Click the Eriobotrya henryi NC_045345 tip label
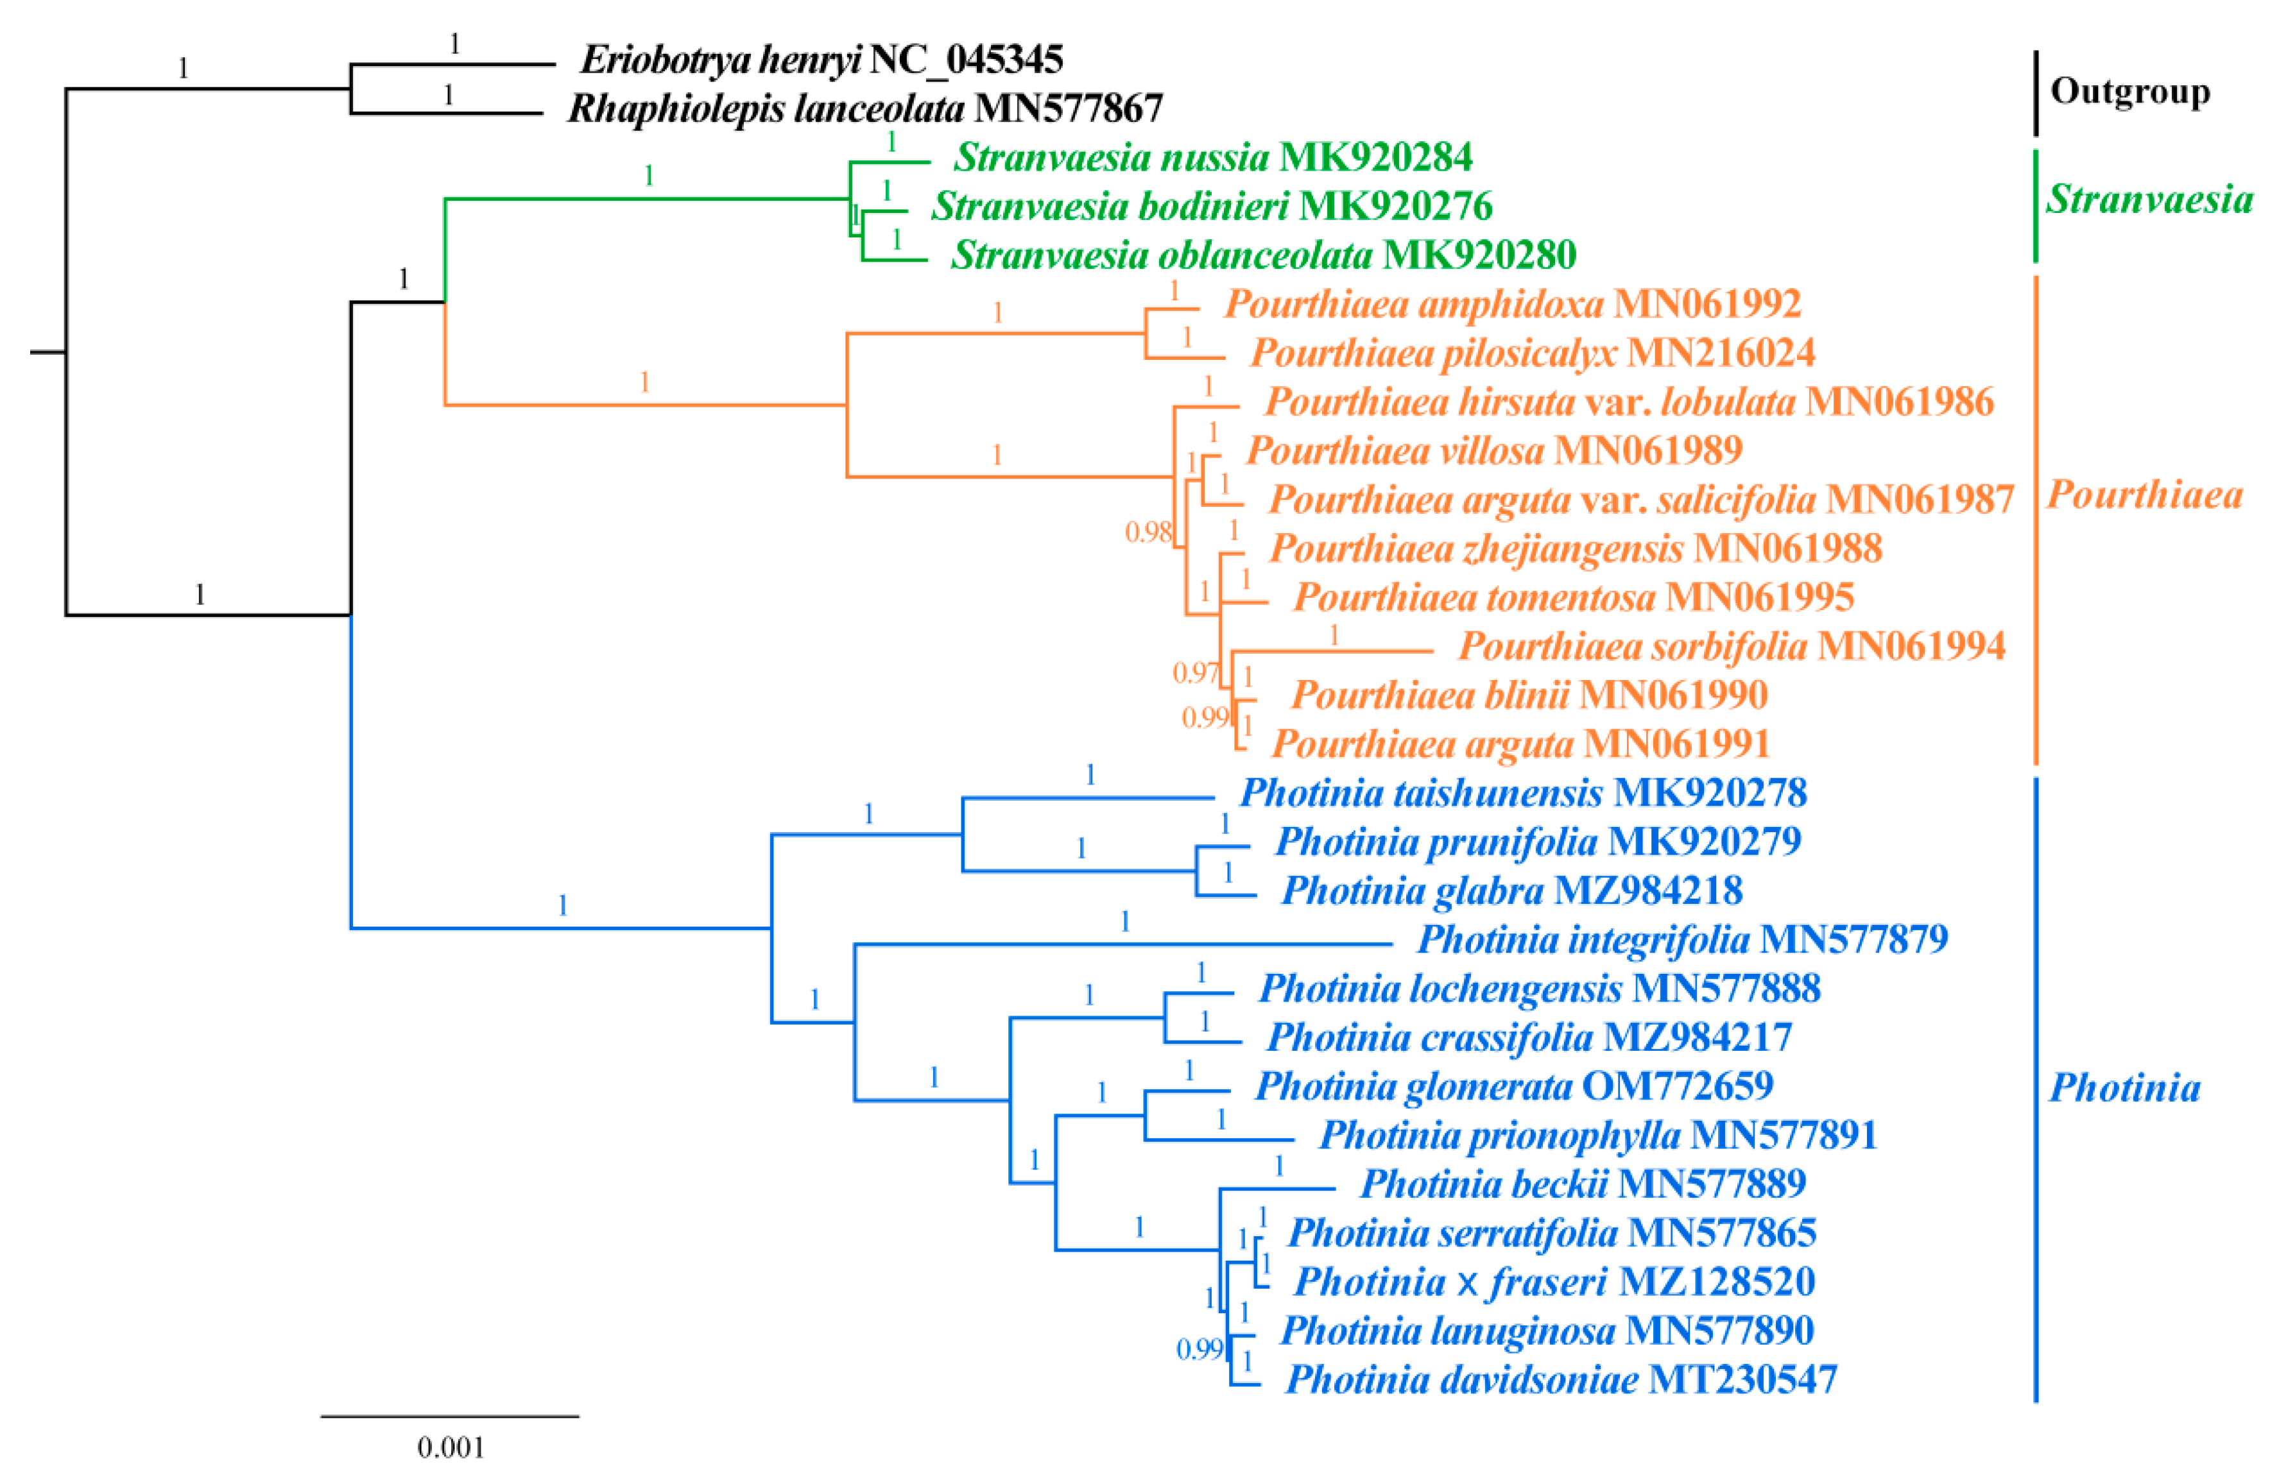(821, 60)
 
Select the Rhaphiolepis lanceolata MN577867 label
(864, 108)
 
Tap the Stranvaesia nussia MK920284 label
(1213, 157)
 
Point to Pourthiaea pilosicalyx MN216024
(1532, 353)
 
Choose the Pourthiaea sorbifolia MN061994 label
(1732, 646)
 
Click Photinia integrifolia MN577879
(1682, 939)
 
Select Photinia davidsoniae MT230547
(1561, 1379)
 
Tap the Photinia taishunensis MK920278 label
(1522, 793)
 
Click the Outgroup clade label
(2129, 92)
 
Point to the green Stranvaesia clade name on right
(2150, 199)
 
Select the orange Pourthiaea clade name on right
(2144, 495)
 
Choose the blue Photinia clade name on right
(2124, 1087)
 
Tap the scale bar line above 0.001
(450, 1416)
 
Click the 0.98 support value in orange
(1147, 532)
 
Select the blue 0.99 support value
(1199, 1349)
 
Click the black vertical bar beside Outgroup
(2036, 93)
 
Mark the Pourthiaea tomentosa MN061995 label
(1573, 597)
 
